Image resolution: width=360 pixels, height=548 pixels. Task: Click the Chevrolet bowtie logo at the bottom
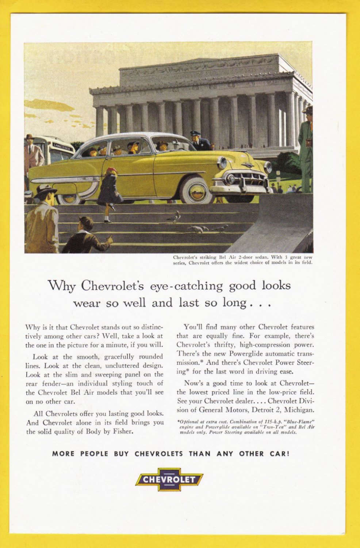point(169,479)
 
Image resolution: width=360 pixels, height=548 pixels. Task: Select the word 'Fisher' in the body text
point(122,431)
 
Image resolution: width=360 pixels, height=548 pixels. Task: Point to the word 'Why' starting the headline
point(61,285)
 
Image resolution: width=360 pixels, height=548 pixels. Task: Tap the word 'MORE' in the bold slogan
point(63,454)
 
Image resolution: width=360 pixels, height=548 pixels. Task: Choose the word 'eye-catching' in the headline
point(186,286)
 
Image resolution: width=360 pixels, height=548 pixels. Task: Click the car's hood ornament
point(248,165)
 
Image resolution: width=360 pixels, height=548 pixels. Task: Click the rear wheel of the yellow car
point(69,198)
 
